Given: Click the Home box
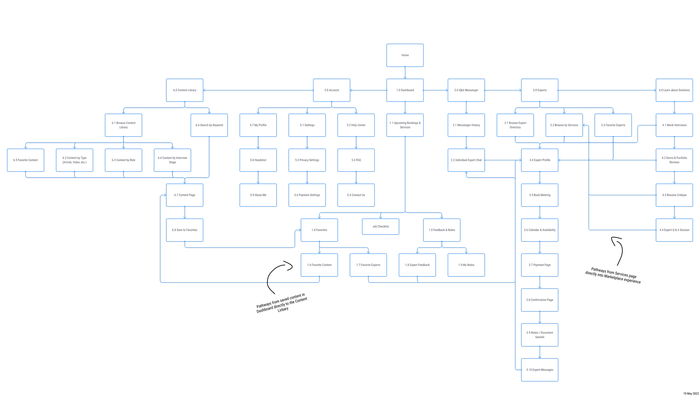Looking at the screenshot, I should [405, 55].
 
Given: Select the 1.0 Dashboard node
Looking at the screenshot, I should [405, 90].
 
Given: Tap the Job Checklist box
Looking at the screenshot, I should [381, 226].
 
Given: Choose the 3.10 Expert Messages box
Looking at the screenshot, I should [540, 370].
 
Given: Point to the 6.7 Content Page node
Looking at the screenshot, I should [185, 195].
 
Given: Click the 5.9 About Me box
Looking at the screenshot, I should [258, 195].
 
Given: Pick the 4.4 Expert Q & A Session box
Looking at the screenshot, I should [674, 230].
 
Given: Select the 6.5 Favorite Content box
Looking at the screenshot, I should [25, 160].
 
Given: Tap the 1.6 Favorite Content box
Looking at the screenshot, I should [319, 265].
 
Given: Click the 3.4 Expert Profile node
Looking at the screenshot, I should [540, 160].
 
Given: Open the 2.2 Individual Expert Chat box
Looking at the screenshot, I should [466, 160].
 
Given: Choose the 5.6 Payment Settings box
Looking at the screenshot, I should [307, 195].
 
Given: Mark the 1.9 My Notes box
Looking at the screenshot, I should [466, 265].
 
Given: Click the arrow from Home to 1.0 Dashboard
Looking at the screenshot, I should [405, 73].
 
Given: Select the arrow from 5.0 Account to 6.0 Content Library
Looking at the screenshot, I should [258, 90].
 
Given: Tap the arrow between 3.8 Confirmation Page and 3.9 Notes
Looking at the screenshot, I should [540, 317].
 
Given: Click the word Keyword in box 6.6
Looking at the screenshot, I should [218, 125].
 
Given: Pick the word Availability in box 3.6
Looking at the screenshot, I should [549, 230].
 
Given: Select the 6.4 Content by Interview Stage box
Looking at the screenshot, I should [172, 160].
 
